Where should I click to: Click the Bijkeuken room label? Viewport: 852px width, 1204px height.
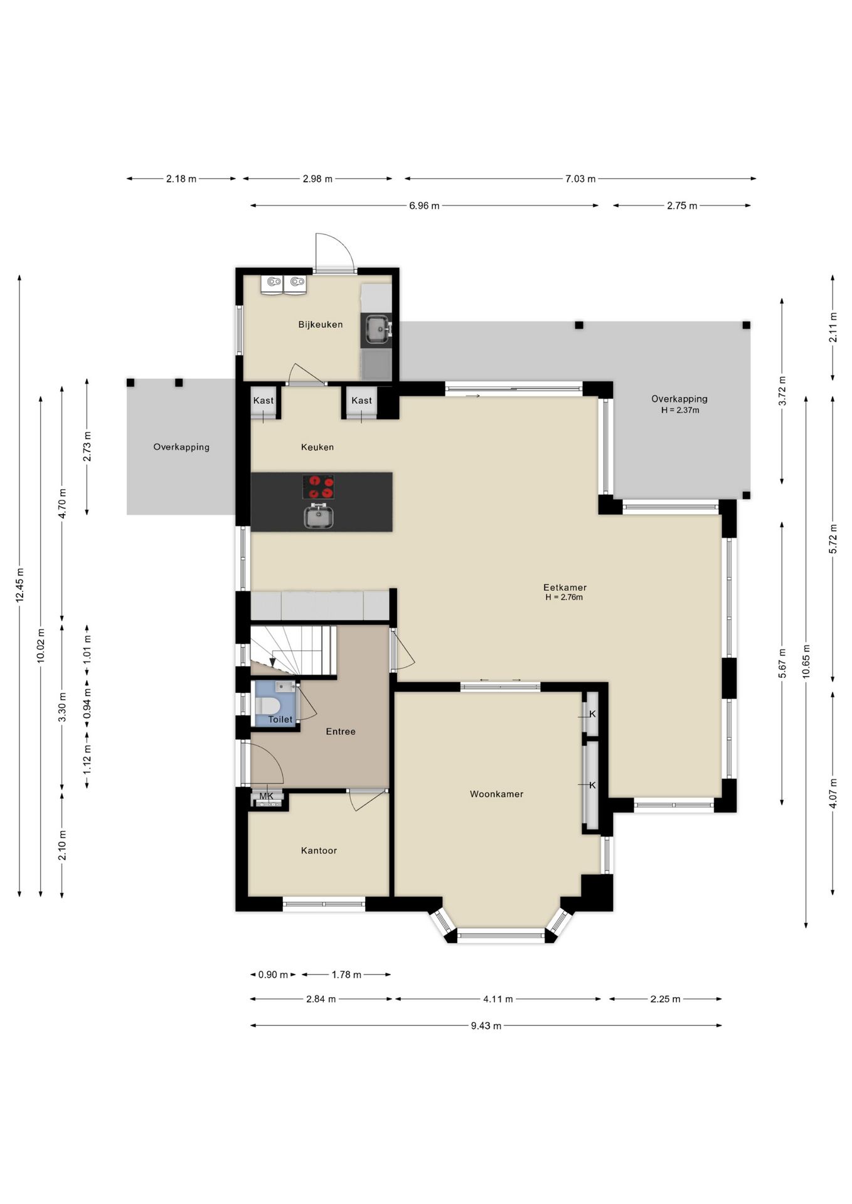coord(320,324)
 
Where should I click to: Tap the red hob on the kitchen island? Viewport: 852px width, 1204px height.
coord(318,487)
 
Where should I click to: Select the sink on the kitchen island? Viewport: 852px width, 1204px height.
coord(319,516)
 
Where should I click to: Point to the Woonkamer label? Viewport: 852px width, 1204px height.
coord(496,794)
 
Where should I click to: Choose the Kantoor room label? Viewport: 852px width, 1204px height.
coord(319,850)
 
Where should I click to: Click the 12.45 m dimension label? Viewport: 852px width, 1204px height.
coord(20,584)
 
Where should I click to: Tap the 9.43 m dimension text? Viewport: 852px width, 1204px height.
coord(486,1025)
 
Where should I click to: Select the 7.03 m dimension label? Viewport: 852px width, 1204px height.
coord(580,179)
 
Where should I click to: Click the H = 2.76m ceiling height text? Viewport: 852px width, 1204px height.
coord(564,598)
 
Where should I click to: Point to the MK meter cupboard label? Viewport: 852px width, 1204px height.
coord(267,796)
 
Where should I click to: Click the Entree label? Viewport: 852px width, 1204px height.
coord(341,731)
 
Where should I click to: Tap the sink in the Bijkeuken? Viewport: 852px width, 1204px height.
coord(377,330)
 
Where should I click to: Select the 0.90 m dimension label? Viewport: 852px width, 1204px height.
coord(274,974)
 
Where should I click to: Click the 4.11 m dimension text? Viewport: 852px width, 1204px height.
coord(498,999)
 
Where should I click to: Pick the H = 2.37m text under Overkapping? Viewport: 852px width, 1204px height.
coord(680,410)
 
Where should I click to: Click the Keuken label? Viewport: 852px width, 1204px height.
coord(317,447)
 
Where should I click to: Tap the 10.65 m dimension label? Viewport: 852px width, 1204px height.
coord(806,661)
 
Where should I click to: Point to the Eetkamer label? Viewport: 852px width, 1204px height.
coord(565,588)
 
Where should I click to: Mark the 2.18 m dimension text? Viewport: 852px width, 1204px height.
coord(181,179)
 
